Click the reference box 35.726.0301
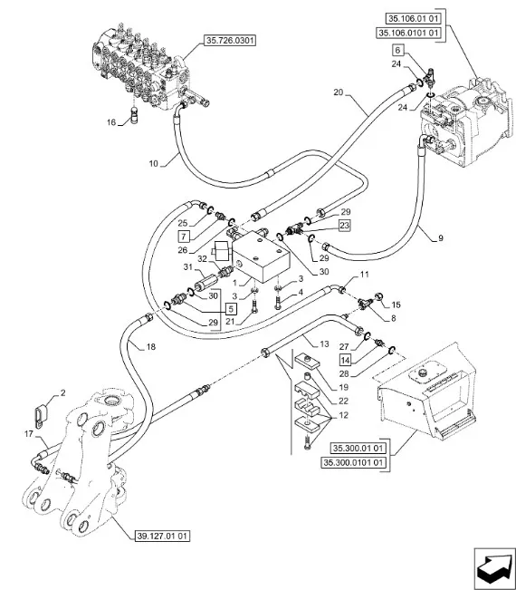coord(230,40)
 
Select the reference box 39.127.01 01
coord(162,536)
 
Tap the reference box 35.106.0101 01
coord(408,34)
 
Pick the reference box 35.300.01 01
coord(358,448)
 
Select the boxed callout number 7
coord(184,237)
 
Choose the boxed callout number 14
coord(346,360)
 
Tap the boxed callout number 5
coord(231,309)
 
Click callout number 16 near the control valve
coord(110,122)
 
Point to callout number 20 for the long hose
coord(339,92)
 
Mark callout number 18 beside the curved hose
coord(150,346)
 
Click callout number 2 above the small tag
coord(62,392)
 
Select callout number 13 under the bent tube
coord(324,343)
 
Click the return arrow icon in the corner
coord(494,568)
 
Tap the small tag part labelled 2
coord(40,415)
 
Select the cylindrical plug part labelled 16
coord(135,115)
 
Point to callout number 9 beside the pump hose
coord(441,237)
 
